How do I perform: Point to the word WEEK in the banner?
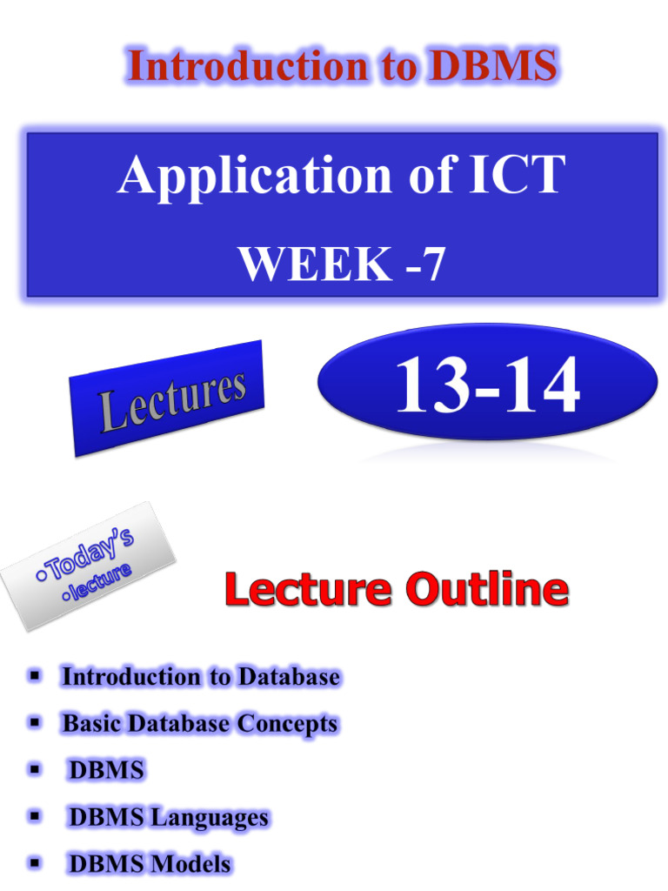tap(305, 264)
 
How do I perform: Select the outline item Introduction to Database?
tap(200, 676)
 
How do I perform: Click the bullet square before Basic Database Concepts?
tap(35, 722)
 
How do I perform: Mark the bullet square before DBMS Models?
tap(35, 863)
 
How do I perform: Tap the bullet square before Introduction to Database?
tap(35, 675)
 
